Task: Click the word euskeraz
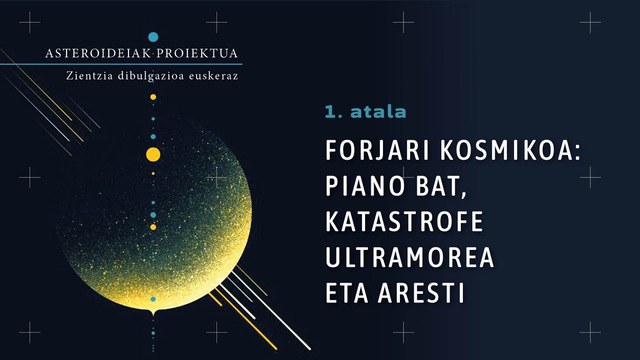[220, 76]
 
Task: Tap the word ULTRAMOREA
[410, 259]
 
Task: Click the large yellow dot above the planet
[153, 154]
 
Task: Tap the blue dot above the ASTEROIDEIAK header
[153, 36]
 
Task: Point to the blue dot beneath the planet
[153, 299]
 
